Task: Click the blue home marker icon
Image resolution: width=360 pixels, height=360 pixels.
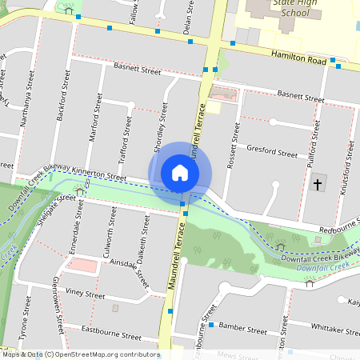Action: [x=180, y=173]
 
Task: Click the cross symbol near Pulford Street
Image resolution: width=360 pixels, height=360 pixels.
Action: [x=317, y=185]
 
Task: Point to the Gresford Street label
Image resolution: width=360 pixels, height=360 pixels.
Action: [x=272, y=149]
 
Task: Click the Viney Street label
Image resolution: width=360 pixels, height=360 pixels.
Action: [x=86, y=294]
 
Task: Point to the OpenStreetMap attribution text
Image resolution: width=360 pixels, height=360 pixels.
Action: [x=80, y=354]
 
